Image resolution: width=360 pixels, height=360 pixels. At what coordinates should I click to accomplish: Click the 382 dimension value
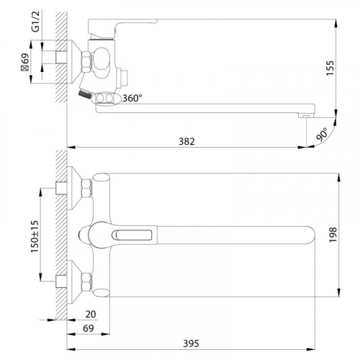(186, 142)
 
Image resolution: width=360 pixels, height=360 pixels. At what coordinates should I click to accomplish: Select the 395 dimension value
(191, 343)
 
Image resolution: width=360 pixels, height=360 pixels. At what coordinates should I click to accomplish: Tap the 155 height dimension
(330, 68)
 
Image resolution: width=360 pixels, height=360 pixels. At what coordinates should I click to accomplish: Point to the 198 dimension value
(333, 235)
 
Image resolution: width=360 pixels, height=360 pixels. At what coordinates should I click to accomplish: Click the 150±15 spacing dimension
(35, 236)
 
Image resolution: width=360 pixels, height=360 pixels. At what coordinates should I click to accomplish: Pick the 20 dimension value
(91, 314)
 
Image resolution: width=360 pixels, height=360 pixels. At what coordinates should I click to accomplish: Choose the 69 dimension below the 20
(89, 328)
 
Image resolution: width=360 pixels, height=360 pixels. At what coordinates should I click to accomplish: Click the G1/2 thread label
(35, 22)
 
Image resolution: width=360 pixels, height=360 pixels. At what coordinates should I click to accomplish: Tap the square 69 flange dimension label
(25, 62)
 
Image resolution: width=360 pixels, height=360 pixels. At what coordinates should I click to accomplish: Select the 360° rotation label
(132, 98)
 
